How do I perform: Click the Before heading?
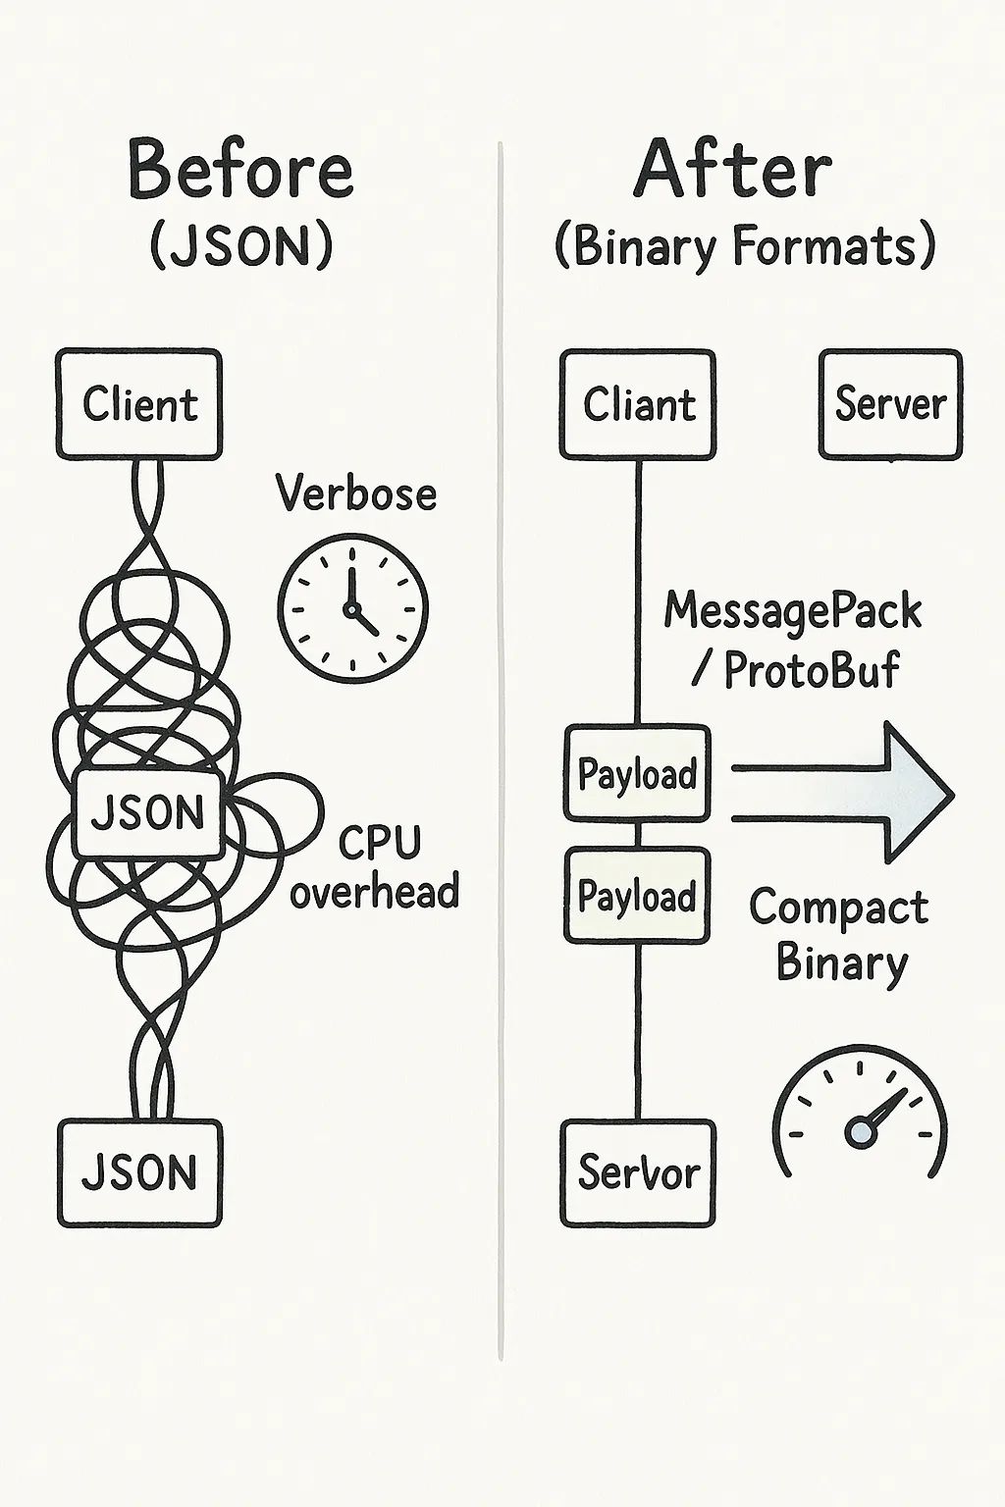[240, 170]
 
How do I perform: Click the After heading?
[733, 170]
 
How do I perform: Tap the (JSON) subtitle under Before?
[241, 245]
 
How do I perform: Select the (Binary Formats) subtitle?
[745, 245]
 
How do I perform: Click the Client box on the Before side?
[139, 404]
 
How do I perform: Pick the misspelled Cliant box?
[638, 404]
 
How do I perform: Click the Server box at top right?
[890, 404]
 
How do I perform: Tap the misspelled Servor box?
[638, 1172]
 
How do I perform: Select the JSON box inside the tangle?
[148, 812]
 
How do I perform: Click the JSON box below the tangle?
[139, 1172]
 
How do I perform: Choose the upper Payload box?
[637, 773]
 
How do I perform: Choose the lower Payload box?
[637, 896]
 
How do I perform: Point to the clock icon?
[352, 607]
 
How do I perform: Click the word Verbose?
[355, 493]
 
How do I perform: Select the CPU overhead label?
[376, 868]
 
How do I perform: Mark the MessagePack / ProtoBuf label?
[793, 641]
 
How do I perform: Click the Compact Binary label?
[839, 935]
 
